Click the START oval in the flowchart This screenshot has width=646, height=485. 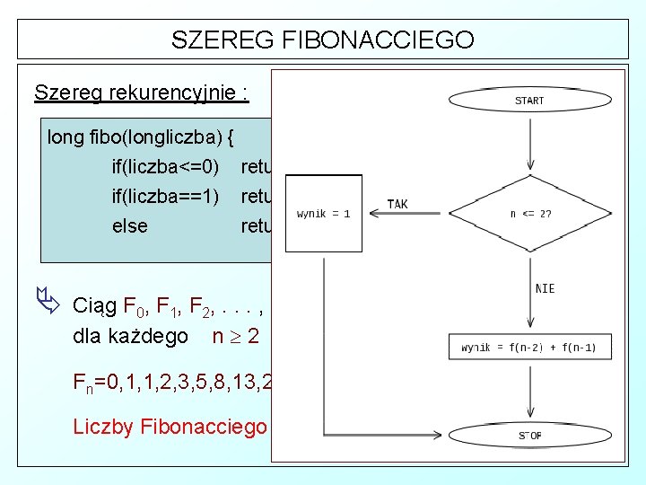pos(529,101)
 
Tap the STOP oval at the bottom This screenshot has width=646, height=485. pos(529,436)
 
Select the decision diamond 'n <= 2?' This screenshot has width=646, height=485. pos(529,214)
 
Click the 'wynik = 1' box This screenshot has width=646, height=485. pos(323,214)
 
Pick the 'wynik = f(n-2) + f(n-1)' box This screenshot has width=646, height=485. pos(528,347)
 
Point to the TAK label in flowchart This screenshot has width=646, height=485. pos(397,204)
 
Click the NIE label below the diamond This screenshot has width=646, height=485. pos(545,288)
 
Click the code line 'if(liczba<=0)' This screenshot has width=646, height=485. pos(165,166)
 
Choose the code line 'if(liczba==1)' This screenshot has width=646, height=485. pos(165,196)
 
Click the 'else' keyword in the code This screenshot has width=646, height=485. pos(129,225)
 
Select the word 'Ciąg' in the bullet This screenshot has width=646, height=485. pos(98,304)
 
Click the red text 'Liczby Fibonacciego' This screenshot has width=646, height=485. pos(170,426)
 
